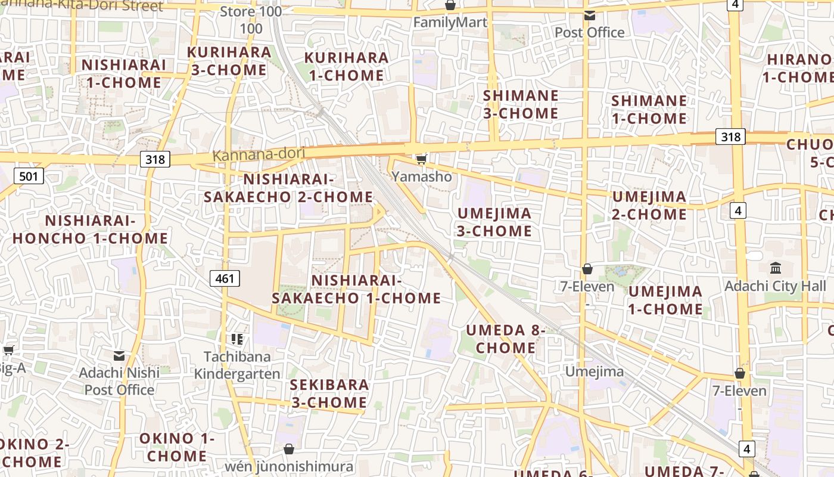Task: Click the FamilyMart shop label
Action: (x=450, y=23)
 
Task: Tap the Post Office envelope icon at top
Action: (x=589, y=16)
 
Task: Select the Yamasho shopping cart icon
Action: (x=422, y=159)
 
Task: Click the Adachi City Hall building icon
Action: (x=776, y=268)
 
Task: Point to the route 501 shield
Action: (x=29, y=176)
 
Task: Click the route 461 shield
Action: (x=225, y=278)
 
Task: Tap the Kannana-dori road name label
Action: (x=259, y=154)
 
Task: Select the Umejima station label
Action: (x=594, y=371)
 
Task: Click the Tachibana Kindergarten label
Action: (x=237, y=365)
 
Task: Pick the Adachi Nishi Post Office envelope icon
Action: (x=119, y=355)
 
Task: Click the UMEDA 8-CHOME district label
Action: (x=506, y=339)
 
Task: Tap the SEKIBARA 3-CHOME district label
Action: (x=329, y=394)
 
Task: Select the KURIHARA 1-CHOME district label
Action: (x=346, y=67)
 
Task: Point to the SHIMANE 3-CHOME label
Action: (x=520, y=104)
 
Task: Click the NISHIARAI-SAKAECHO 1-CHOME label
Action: (x=356, y=289)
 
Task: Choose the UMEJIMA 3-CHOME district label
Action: (x=494, y=222)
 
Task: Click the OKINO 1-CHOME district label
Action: (x=177, y=447)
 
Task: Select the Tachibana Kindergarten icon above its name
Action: (x=237, y=339)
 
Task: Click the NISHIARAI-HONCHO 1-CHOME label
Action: (x=91, y=230)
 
